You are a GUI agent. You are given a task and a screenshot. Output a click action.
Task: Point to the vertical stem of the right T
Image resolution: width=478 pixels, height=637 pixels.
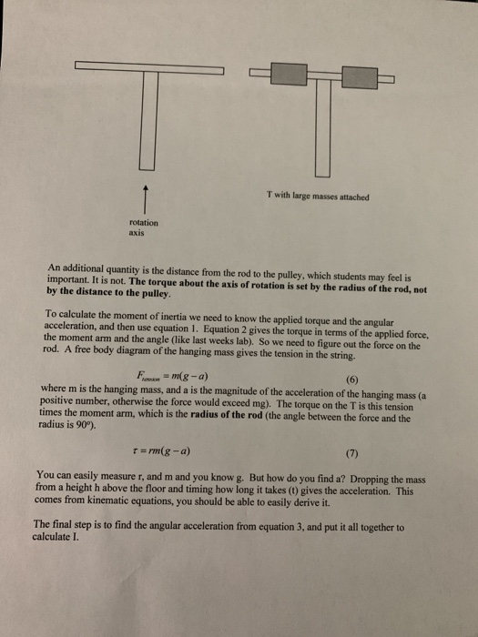pyautogui.click(x=323, y=127)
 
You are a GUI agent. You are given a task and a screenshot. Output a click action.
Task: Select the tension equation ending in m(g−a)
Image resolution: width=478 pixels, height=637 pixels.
pyautogui.click(x=197, y=375)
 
